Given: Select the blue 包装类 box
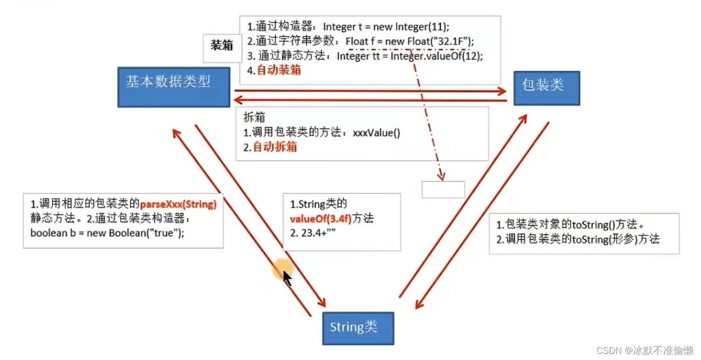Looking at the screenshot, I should point(547,88).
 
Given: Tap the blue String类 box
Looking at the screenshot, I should point(358,328).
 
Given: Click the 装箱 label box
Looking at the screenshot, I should point(222,45).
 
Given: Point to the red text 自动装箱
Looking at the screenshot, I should point(279,70).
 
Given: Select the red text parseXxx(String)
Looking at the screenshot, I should point(178,204).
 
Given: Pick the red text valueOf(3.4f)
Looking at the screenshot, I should point(320,219).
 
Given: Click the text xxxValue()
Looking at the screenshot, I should point(376,133).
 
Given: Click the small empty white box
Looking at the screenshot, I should point(443,189).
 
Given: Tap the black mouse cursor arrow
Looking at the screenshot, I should point(287,278).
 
